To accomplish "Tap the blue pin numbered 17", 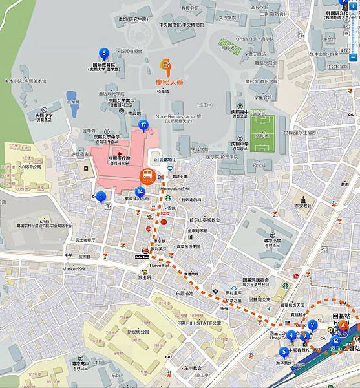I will (143, 124).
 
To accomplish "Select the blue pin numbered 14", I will (140, 191).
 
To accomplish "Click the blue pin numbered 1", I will (101, 197).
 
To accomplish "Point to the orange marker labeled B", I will (167, 65).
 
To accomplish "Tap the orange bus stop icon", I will (147, 175).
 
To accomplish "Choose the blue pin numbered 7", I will (313, 325).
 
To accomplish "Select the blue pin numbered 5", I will (284, 352).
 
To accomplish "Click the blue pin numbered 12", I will (335, 340).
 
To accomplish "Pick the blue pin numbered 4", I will (291, 335).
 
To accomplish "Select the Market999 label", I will (74, 268).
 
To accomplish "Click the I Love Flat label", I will (159, 265).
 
